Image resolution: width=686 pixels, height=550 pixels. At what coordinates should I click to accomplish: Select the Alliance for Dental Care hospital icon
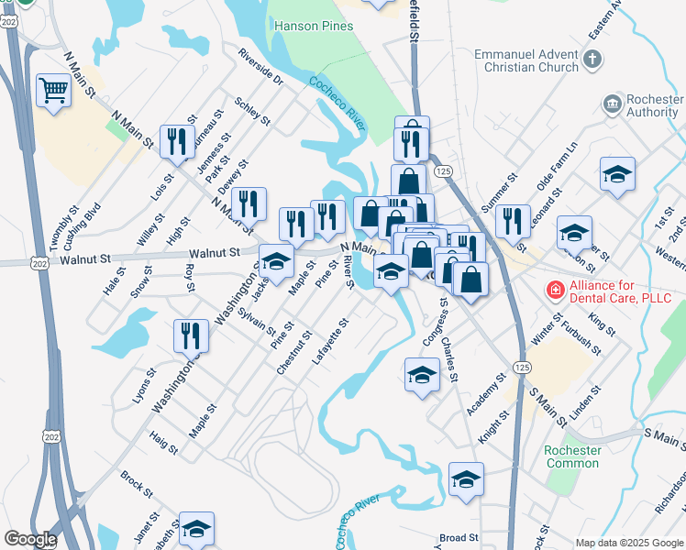tap(554, 291)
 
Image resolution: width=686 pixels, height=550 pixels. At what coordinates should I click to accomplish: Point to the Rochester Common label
tap(572, 456)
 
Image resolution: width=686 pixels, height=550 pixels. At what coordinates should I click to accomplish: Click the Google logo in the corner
tap(30, 539)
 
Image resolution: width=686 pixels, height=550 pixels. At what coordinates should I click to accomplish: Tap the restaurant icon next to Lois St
tap(173, 140)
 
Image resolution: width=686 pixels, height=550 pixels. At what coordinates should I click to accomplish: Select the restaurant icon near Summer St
tap(513, 220)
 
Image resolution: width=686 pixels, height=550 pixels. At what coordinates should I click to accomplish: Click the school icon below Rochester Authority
tap(617, 173)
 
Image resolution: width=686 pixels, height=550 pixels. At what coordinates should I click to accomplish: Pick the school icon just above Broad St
tap(466, 478)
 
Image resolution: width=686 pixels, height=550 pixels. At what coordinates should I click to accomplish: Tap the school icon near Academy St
tap(422, 374)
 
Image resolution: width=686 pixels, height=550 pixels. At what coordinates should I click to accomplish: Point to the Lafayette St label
tap(331, 341)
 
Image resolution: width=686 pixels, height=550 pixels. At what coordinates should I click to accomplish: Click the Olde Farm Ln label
tap(558, 165)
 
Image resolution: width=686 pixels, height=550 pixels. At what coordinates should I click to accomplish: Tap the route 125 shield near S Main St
tap(522, 367)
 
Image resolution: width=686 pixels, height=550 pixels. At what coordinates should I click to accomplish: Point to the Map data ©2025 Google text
tap(629, 543)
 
